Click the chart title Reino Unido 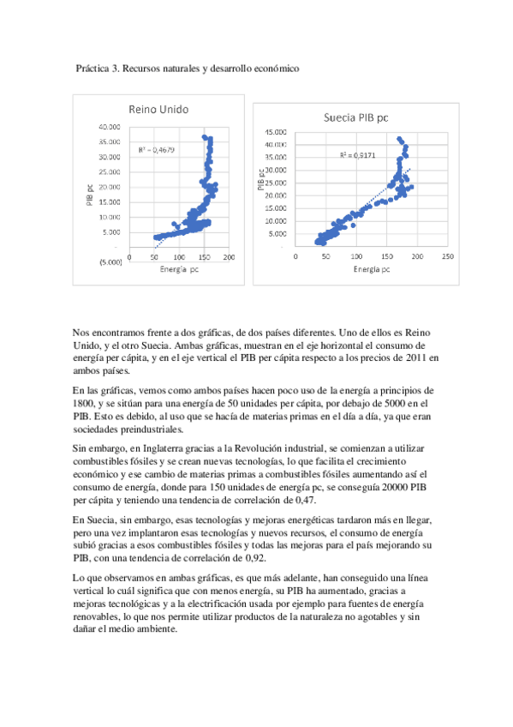158,110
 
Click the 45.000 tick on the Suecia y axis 275,133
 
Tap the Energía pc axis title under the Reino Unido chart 176,269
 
